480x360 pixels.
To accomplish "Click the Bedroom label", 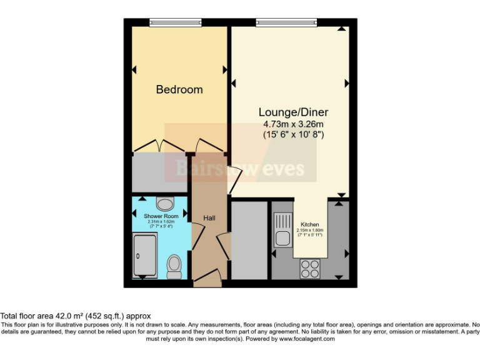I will [179, 89].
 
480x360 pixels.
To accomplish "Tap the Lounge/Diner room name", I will [293, 112].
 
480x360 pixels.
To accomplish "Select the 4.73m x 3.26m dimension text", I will [293, 124].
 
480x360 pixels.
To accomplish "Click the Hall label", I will [209, 218].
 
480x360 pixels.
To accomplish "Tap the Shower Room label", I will [161, 216].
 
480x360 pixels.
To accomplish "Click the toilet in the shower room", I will [174, 267].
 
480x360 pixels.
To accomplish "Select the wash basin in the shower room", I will [165, 203].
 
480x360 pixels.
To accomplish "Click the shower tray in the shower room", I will [146, 257].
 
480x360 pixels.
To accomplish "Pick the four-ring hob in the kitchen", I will [309, 268].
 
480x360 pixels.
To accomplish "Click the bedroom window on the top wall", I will [176, 22].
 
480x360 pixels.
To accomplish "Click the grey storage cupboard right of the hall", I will [249, 240].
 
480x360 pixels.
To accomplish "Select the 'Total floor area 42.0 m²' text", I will [76, 316].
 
